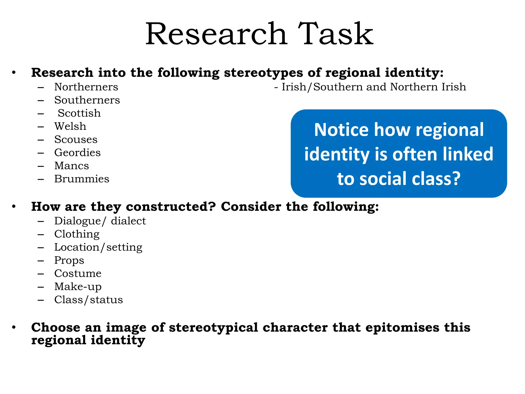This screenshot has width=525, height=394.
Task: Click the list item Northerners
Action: [86, 87]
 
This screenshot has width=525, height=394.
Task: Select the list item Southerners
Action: [87, 100]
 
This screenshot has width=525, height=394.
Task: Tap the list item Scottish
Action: [79, 113]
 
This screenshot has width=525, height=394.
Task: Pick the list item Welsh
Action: [70, 126]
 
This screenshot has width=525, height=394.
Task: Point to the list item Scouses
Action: [76, 140]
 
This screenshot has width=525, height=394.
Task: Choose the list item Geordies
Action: [77, 153]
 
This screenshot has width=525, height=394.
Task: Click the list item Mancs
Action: [72, 166]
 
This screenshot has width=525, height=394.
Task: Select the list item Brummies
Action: [82, 179]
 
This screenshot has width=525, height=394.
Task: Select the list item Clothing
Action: [77, 234]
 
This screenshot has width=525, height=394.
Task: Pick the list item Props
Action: [69, 260]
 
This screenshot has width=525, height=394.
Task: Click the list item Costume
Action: [78, 273]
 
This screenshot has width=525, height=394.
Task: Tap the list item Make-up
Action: [78, 287]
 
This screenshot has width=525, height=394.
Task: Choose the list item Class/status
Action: [88, 300]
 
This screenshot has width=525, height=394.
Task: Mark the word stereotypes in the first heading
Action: [263, 73]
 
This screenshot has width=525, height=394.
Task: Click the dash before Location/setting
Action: [41, 248]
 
